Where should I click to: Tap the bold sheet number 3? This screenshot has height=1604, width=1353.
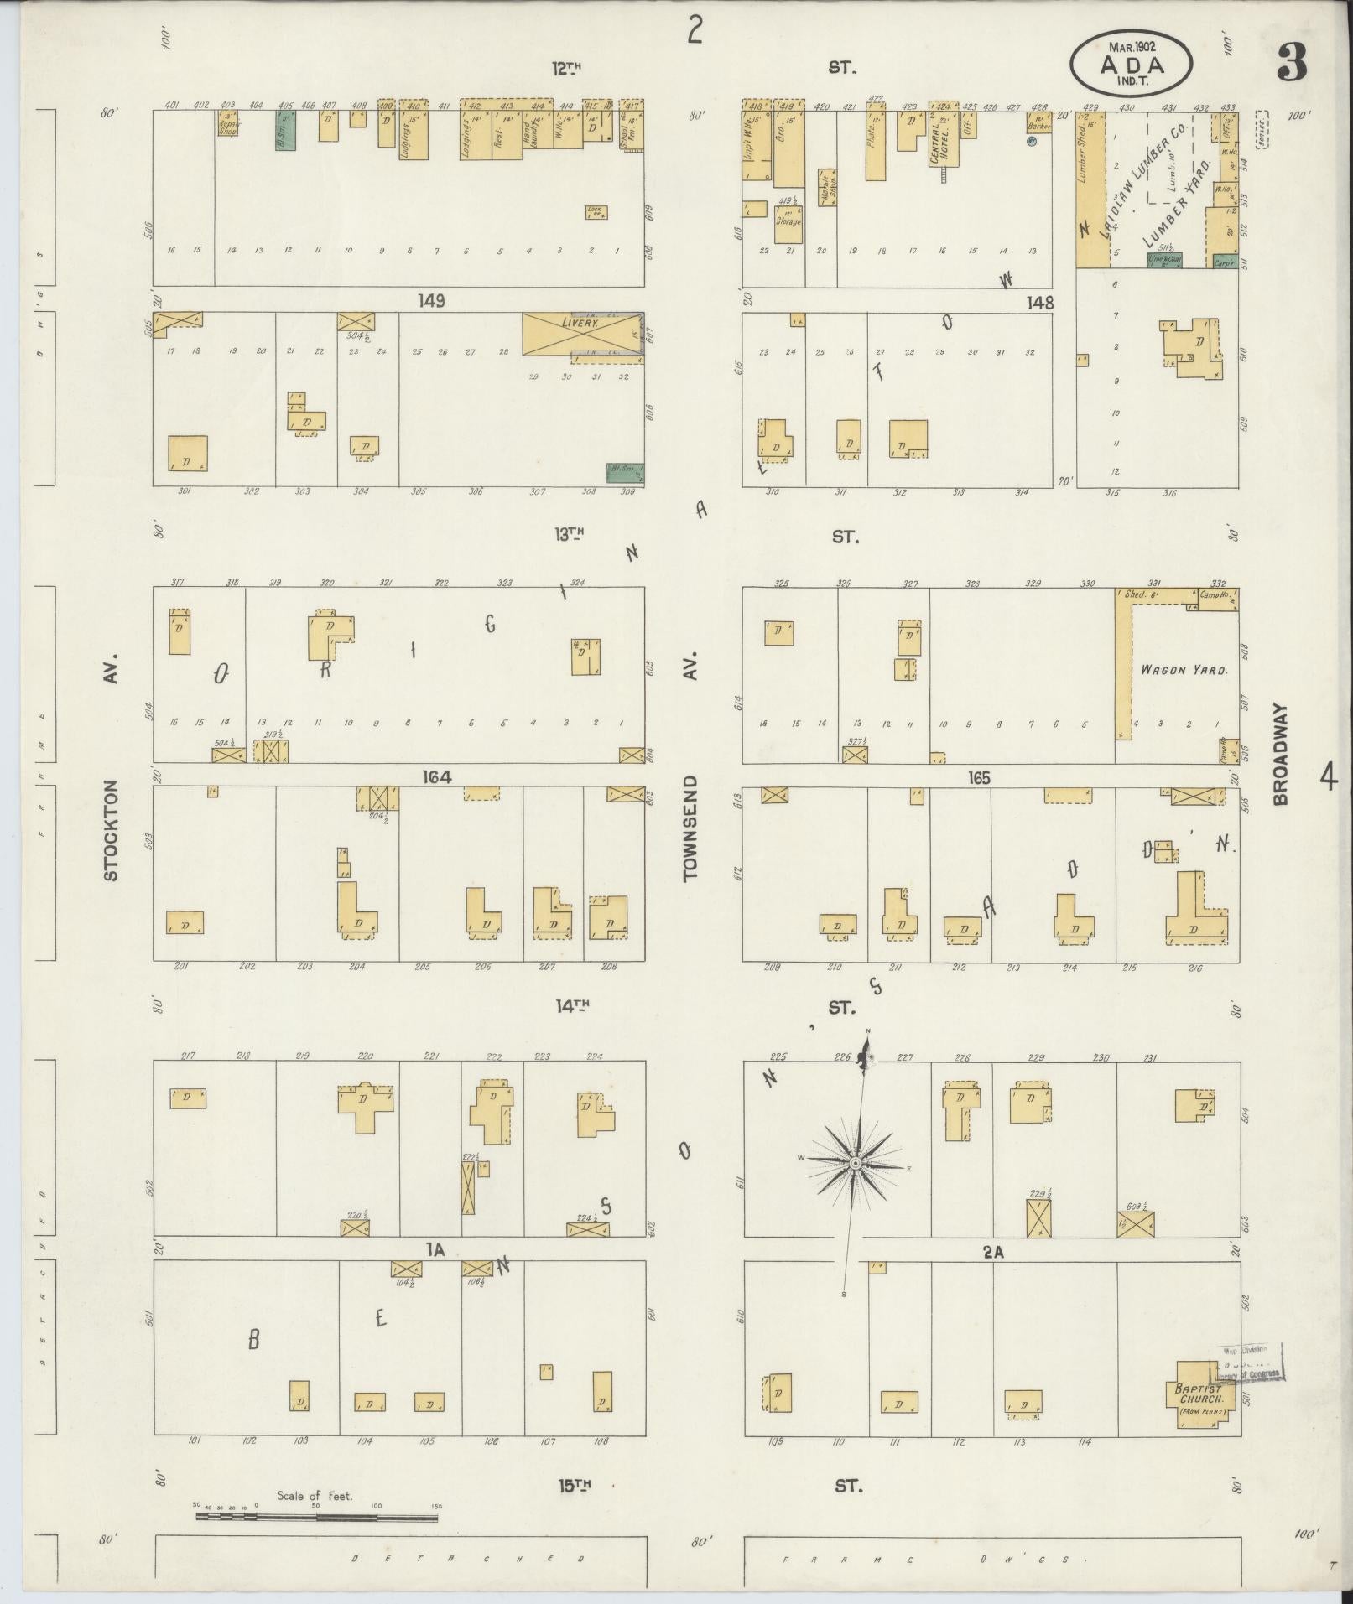pyautogui.click(x=1292, y=63)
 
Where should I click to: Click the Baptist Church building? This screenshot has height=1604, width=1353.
pyautogui.click(x=1200, y=1396)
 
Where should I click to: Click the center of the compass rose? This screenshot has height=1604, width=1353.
pyautogui.click(x=855, y=1164)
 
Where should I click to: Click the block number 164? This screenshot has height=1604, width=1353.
pyautogui.click(x=437, y=777)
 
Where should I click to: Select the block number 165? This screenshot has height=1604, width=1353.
pyautogui.click(x=978, y=778)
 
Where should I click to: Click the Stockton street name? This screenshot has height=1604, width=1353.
pyautogui.click(x=112, y=830)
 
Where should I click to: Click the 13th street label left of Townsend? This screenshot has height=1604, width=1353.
pyautogui.click(x=567, y=533)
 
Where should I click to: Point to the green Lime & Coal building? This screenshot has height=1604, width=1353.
pyautogui.click(x=1164, y=261)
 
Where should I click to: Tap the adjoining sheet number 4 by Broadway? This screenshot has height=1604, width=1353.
pyautogui.click(x=1327, y=778)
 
